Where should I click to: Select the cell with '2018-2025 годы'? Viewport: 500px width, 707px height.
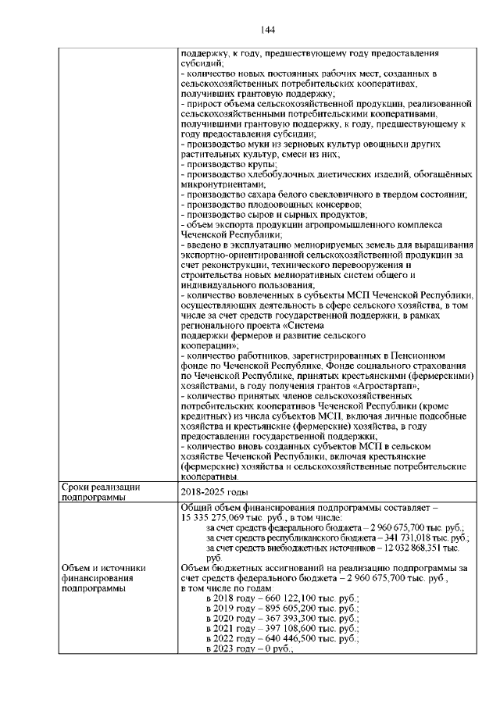tap(213, 492)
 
